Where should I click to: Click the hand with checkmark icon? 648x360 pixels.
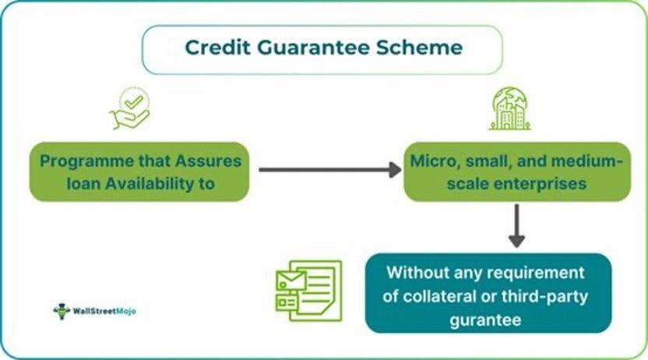coord(129,110)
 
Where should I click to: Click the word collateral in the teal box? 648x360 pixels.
coord(451,296)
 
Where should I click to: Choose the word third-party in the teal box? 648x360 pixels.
coord(548,296)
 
